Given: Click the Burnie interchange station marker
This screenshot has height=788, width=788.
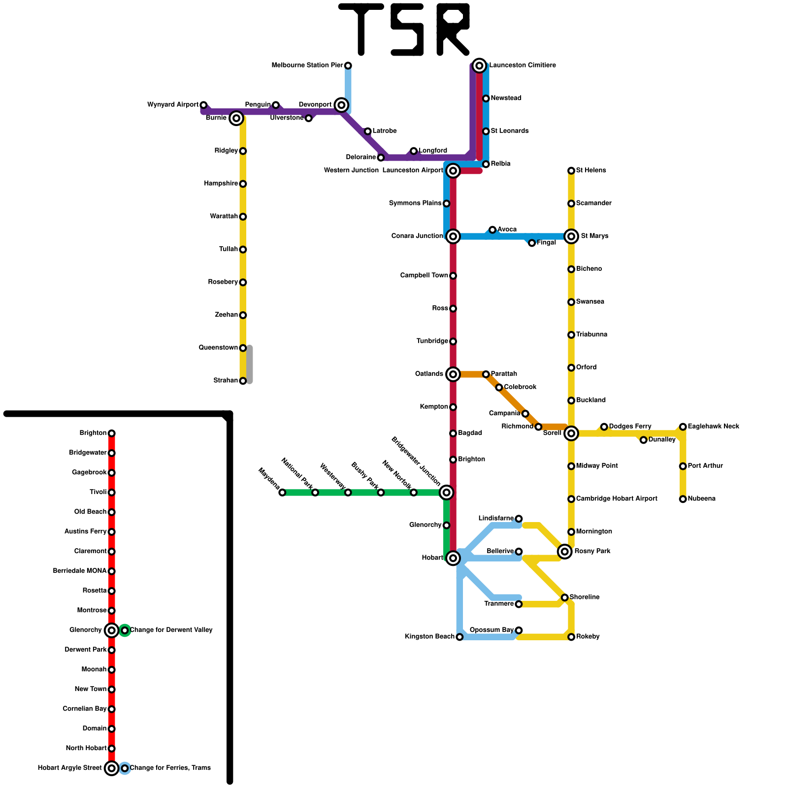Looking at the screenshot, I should click(236, 118).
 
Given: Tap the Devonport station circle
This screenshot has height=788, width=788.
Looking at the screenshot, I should click(341, 105).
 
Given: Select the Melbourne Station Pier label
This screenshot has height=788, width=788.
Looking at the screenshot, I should click(307, 66).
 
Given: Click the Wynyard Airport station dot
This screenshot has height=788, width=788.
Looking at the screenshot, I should click(203, 105).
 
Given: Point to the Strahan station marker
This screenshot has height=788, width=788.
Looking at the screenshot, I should click(243, 381).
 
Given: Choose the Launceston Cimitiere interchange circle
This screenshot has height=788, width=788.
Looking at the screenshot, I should click(479, 66).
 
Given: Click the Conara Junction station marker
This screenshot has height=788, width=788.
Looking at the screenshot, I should click(453, 236).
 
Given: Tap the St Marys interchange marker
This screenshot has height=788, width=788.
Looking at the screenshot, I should click(571, 236).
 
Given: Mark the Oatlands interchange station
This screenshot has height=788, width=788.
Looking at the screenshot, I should click(453, 374).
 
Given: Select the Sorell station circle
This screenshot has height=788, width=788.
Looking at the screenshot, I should click(571, 433).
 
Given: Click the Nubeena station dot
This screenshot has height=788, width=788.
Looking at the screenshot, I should click(683, 499).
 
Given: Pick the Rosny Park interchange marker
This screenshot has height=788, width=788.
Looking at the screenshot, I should click(565, 552).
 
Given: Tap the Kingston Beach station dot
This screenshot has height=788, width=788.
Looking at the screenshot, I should click(460, 637).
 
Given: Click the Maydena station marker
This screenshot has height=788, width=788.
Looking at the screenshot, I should click(282, 492).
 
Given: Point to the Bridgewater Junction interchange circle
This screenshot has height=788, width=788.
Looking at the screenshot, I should click(446, 492).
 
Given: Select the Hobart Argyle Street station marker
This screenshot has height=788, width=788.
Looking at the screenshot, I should click(112, 768).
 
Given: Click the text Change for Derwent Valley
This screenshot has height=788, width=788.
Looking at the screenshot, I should click(171, 630).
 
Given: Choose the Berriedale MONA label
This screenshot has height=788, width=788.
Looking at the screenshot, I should click(79, 571).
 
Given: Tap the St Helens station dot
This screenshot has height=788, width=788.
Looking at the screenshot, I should click(571, 171).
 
